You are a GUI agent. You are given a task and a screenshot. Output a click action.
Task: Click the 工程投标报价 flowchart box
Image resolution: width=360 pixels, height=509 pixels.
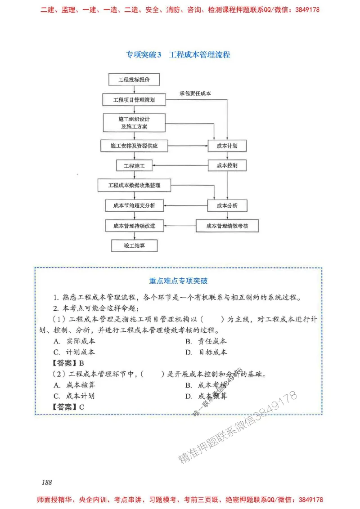[x=134, y=80]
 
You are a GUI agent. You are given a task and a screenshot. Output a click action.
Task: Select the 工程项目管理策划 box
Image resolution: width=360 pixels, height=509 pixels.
[x=134, y=100]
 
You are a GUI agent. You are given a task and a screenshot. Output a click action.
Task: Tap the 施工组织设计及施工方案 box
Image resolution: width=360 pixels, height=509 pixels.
[x=134, y=123]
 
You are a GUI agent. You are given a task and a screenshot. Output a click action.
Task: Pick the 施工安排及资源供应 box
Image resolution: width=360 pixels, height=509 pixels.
[x=134, y=146]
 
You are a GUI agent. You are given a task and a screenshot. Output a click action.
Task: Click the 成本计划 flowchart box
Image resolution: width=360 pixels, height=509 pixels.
[x=227, y=146]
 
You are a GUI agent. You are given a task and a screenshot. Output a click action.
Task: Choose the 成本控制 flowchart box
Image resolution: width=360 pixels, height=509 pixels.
[x=227, y=165]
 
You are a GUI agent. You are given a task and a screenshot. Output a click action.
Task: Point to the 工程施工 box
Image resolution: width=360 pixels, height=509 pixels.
[x=134, y=166]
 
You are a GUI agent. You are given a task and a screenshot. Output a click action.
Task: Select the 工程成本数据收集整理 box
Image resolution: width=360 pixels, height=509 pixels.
[x=134, y=185]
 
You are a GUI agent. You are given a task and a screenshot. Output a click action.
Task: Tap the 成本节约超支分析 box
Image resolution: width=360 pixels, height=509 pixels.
[x=134, y=205]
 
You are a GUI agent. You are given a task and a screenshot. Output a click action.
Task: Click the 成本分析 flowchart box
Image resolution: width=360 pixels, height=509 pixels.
[x=227, y=205]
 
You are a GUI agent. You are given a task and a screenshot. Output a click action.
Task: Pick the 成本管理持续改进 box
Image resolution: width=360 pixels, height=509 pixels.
[x=134, y=226]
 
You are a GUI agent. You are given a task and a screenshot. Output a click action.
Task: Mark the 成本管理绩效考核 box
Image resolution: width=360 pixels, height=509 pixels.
[x=227, y=226]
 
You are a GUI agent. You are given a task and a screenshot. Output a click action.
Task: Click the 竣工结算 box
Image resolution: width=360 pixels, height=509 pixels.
[x=134, y=246]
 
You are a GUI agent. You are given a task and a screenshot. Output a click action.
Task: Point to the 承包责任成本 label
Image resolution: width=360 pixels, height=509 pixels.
[x=195, y=94]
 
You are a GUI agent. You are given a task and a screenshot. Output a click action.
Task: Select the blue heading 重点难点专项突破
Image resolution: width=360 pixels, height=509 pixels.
[x=178, y=281]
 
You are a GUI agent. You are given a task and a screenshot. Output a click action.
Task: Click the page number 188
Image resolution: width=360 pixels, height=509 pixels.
[x=47, y=482]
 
